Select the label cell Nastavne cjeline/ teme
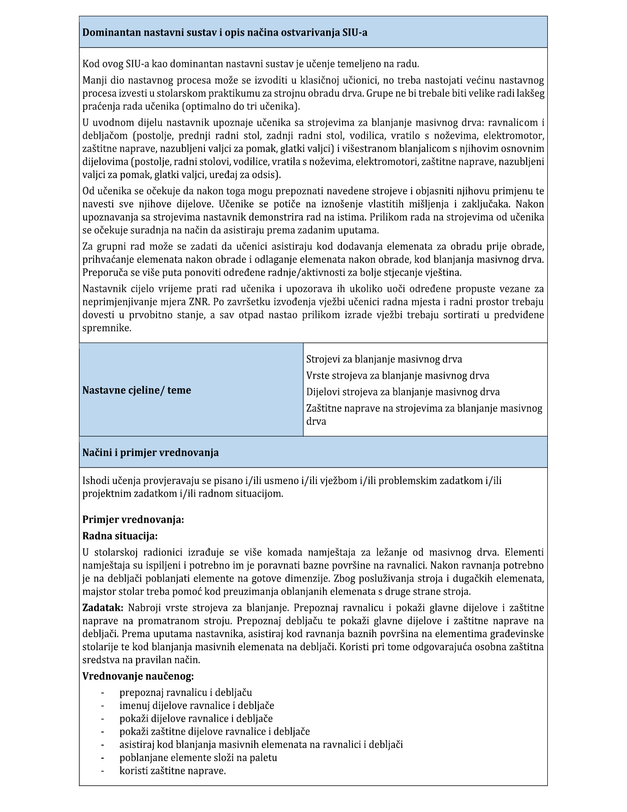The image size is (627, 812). (137, 390)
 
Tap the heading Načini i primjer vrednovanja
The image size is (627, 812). (151, 452)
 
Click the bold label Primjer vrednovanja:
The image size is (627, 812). (133, 519)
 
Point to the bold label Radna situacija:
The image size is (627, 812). (120, 536)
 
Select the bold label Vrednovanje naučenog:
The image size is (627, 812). (138, 676)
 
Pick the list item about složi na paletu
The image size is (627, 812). (198, 757)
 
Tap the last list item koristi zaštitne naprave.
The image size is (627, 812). (172, 770)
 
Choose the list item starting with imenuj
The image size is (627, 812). (196, 705)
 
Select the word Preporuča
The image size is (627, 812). (104, 272)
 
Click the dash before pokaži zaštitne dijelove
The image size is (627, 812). (103, 732)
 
